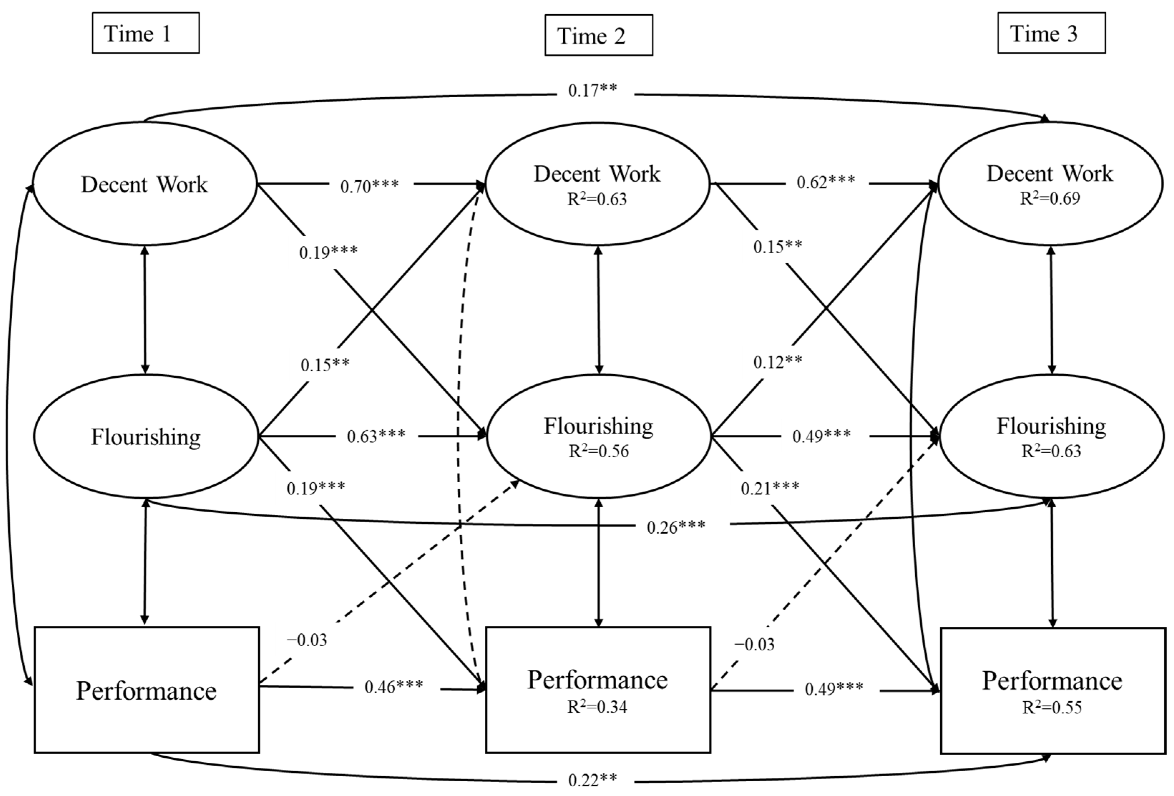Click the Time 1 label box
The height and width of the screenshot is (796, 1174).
tap(146, 33)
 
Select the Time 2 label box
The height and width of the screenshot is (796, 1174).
tap(598, 35)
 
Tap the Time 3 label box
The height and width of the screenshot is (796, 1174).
tap(1051, 33)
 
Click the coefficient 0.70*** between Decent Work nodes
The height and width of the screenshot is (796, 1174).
tap(369, 186)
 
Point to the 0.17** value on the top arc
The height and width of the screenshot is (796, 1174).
tap(592, 91)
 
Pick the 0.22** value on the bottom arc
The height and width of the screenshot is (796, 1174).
tap(592, 780)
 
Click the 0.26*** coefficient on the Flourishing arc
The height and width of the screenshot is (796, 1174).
tap(676, 527)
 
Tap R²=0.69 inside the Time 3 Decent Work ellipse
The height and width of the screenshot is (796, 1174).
tap(1050, 199)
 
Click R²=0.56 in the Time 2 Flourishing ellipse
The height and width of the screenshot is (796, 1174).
tap(599, 451)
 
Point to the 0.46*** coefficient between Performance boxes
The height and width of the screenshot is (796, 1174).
tap(394, 687)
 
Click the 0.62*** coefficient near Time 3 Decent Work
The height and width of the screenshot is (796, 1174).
tap(825, 182)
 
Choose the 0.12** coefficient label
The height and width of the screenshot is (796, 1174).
tap(778, 362)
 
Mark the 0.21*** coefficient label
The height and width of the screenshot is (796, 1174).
tap(770, 488)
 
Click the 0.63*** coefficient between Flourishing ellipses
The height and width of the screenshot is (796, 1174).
tap(376, 436)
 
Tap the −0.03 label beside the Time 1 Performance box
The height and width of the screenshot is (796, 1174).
tap(307, 640)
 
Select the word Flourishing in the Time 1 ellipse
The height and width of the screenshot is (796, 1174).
tap(146, 437)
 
